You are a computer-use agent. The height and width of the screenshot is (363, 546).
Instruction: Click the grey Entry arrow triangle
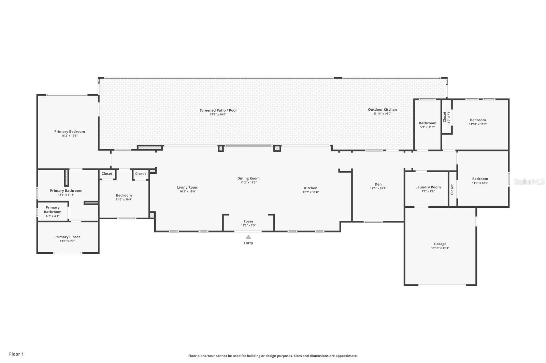(x=248, y=237)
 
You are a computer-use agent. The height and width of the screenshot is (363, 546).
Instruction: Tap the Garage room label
(x=440, y=244)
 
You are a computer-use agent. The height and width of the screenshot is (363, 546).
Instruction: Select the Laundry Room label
(x=428, y=187)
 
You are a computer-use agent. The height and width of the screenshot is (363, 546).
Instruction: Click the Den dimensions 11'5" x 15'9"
(x=378, y=189)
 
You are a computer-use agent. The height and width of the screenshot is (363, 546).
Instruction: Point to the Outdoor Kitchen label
(x=382, y=110)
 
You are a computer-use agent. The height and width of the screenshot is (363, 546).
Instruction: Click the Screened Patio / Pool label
(x=218, y=110)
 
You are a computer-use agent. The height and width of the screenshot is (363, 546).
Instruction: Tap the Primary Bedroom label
(x=70, y=131)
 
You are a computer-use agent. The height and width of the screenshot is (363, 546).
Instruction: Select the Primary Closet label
(x=67, y=237)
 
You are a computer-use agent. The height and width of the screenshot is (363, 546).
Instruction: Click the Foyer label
(x=248, y=221)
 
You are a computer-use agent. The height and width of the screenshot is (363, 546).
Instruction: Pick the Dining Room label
(x=248, y=178)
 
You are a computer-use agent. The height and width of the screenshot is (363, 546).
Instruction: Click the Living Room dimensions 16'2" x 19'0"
(x=188, y=192)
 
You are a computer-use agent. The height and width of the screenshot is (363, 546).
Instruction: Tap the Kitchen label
(x=311, y=188)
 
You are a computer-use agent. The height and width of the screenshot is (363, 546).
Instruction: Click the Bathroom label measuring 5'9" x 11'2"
(x=428, y=123)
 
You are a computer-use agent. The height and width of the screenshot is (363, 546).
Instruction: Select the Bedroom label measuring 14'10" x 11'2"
(x=478, y=120)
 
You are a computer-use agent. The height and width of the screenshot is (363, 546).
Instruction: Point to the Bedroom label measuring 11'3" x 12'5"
(x=480, y=179)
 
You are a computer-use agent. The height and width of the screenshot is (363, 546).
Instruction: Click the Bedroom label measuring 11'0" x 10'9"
(x=124, y=195)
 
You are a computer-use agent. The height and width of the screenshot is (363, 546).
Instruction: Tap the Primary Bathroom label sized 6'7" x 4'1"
(x=53, y=210)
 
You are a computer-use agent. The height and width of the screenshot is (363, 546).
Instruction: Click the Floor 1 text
(x=16, y=354)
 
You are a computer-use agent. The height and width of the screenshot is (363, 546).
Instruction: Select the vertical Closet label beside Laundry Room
(x=452, y=189)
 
